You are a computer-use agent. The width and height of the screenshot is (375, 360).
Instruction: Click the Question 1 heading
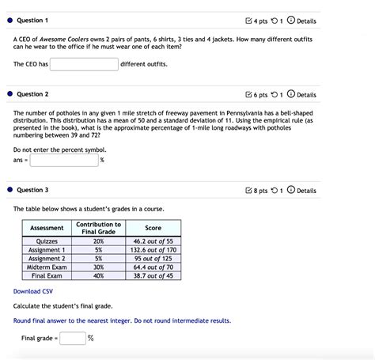point(32,19)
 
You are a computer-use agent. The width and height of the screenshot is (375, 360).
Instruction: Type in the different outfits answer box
point(84,63)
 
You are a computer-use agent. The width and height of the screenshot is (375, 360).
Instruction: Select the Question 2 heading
point(32,94)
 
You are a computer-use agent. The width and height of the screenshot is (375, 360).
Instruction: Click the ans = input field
point(64,160)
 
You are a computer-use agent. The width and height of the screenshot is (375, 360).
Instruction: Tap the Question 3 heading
point(32,190)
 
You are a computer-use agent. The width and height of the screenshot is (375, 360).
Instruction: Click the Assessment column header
point(47,228)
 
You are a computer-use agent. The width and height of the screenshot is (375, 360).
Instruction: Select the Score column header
point(153,228)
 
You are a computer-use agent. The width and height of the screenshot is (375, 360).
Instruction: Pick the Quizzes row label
point(47,241)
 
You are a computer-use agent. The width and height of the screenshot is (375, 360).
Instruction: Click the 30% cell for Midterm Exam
point(98,267)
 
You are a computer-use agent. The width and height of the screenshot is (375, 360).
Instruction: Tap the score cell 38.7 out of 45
point(153,275)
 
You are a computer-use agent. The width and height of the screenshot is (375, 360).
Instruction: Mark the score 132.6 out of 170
point(153,249)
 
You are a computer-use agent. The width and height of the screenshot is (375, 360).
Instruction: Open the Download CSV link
point(32,291)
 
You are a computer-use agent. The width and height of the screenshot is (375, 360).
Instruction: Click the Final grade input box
point(73,339)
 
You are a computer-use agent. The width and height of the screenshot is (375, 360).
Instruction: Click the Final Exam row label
point(47,275)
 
